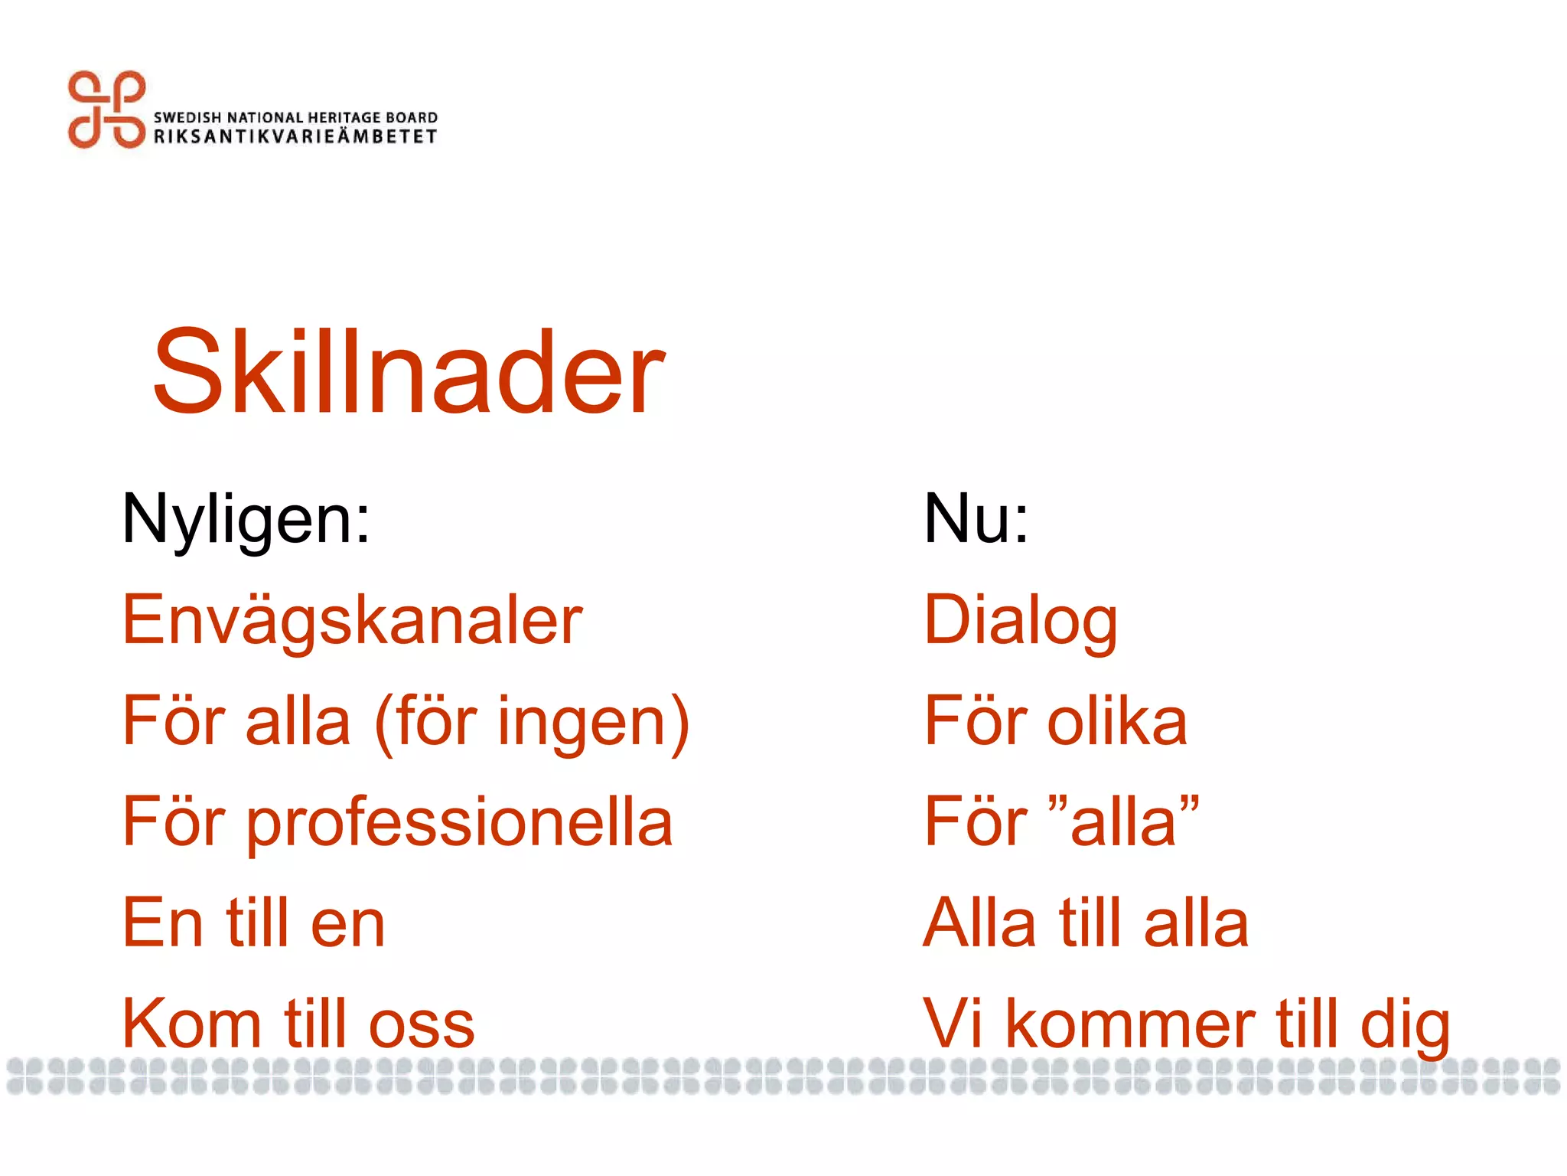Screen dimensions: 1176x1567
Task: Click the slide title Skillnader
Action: point(408,372)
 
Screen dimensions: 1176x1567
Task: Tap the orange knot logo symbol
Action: point(106,109)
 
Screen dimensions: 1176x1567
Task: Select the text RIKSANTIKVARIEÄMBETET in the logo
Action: point(295,136)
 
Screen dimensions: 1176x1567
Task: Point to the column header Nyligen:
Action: point(246,520)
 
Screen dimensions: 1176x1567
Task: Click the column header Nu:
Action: point(976,520)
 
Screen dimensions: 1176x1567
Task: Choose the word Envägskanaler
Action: point(352,620)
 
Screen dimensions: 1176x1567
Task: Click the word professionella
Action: point(459,823)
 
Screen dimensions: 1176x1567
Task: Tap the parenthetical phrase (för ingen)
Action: point(533,722)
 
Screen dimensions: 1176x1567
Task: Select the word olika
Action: point(1116,721)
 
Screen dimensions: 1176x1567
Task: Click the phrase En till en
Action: point(253,923)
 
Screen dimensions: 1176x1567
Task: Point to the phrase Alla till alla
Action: point(1086,923)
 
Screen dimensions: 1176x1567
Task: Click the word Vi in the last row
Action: point(952,1024)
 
